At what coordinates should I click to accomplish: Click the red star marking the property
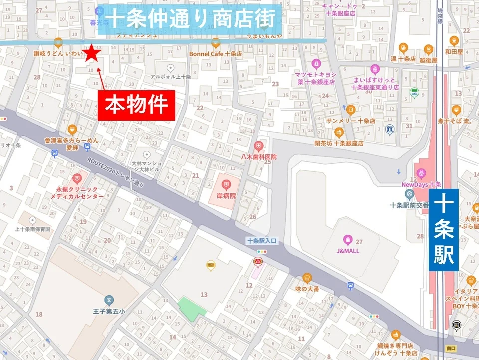coord(92,53)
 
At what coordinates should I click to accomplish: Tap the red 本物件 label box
coord(136,106)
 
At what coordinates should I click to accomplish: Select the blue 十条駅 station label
coord(444,230)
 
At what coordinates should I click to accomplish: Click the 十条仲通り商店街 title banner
coord(192,19)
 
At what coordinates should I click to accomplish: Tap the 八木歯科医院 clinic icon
coord(258,146)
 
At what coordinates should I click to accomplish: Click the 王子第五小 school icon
coord(109,300)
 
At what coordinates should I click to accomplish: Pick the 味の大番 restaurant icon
coord(307,278)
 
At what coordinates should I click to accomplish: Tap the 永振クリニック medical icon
coord(77,178)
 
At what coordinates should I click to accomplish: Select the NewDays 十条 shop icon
coord(422,173)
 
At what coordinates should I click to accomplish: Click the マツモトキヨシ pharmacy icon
coord(316,64)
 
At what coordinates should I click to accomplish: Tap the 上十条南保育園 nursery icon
coord(33,220)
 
